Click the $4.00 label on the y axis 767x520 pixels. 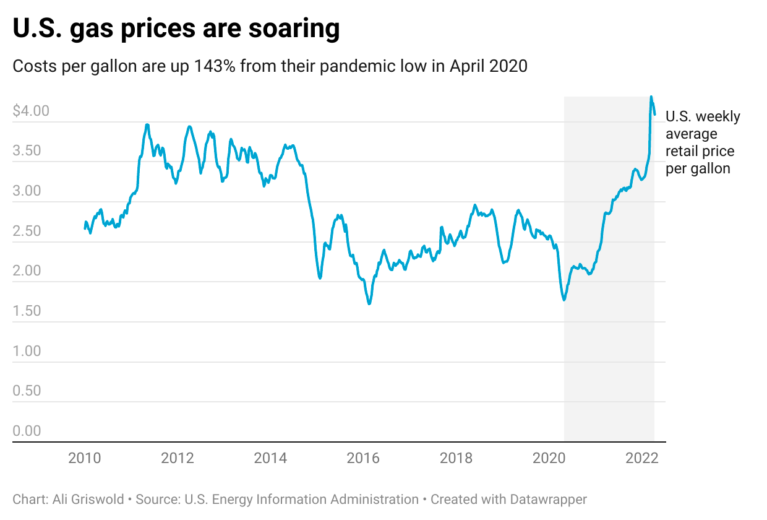(x=31, y=111)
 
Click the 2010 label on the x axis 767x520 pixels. (x=85, y=459)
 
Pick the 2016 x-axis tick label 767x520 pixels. (x=363, y=459)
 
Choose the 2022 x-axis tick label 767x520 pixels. (x=641, y=459)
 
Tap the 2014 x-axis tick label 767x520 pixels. (x=270, y=459)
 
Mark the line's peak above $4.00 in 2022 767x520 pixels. (x=651, y=97)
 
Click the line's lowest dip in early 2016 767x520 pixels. (x=369, y=303)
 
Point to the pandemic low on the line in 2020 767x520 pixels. (x=564, y=300)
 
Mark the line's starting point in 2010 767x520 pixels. (x=85, y=228)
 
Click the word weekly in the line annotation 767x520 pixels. (x=718, y=117)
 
